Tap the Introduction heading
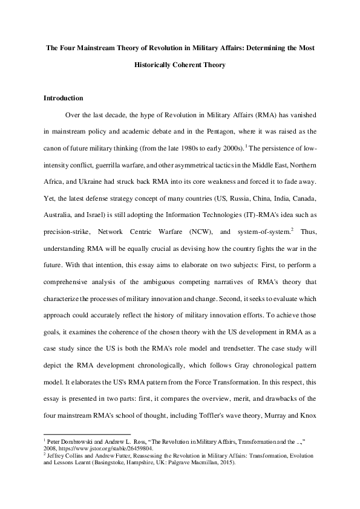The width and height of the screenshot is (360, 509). tap(64, 98)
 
